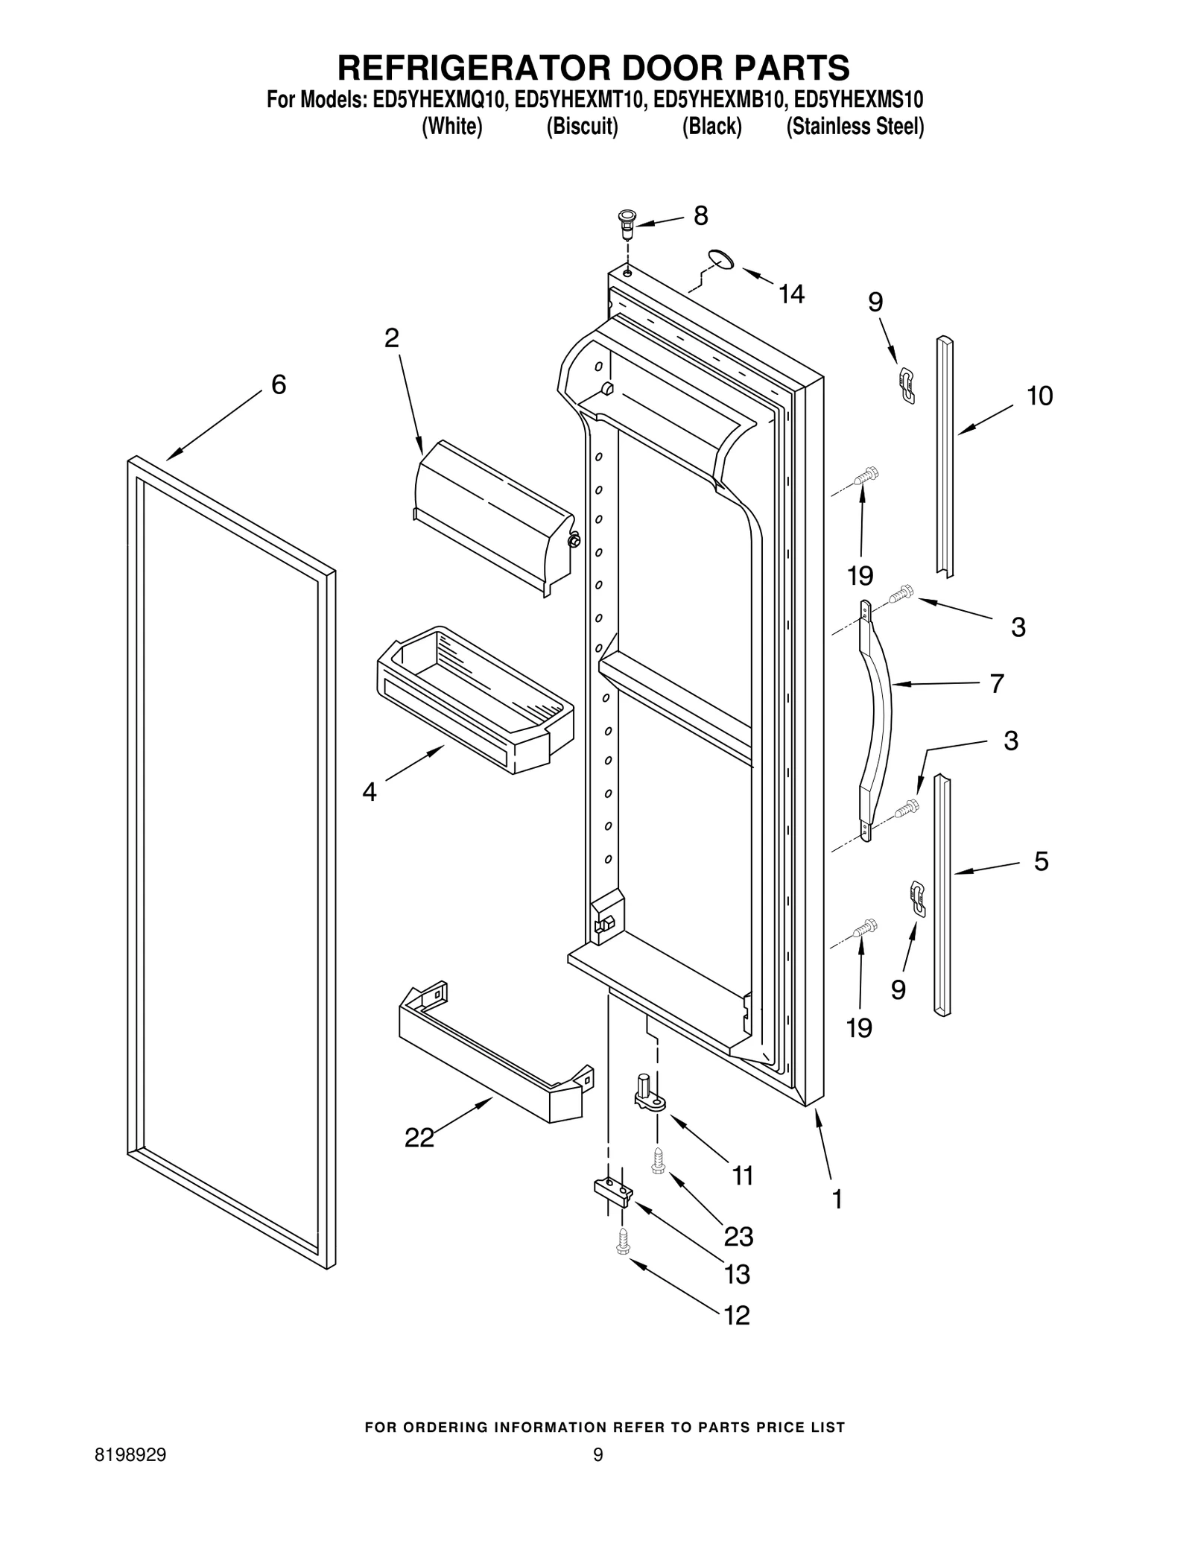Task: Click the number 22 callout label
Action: (419, 1159)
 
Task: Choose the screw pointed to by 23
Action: (657, 1160)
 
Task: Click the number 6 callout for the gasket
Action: (278, 384)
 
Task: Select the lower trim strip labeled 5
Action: (942, 894)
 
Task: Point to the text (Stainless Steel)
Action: (855, 127)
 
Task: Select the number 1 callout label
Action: (837, 1199)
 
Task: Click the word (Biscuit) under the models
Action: (582, 127)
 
